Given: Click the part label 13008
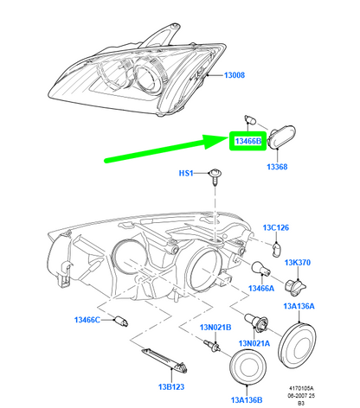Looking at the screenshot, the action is click(x=235, y=75).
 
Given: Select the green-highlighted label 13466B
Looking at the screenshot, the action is click(x=248, y=141).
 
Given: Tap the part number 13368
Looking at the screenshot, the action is click(x=277, y=167).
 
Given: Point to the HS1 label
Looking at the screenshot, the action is click(x=186, y=173).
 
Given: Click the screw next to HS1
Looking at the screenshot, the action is click(x=215, y=175).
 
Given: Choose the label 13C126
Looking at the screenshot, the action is click(x=276, y=227).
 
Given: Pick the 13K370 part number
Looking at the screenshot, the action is click(x=298, y=263).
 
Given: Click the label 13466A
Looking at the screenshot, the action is click(x=261, y=288).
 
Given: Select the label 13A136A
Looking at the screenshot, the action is click(x=299, y=306).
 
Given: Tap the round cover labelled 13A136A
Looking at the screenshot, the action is click(x=299, y=346).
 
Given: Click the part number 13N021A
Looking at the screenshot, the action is click(x=254, y=343).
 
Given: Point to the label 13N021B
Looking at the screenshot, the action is click(x=215, y=328).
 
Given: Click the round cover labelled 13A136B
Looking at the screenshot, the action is click(x=247, y=367).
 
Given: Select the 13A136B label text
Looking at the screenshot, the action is click(x=247, y=400).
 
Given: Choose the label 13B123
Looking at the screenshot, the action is click(x=171, y=386).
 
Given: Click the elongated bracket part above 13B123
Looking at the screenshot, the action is click(x=164, y=360).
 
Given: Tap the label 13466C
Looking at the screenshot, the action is click(x=87, y=320).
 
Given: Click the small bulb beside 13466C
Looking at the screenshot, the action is click(x=121, y=321).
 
